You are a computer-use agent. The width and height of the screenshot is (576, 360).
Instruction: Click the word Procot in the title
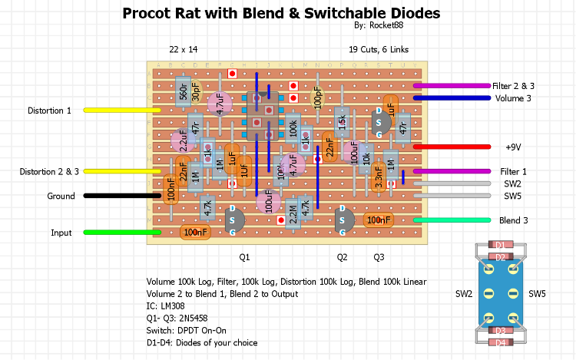[151, 14]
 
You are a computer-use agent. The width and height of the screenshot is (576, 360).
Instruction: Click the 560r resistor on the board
[183, 93]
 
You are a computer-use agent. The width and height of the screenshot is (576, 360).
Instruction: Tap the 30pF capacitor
[197, 93]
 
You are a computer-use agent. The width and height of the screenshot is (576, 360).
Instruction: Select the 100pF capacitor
[316, 97]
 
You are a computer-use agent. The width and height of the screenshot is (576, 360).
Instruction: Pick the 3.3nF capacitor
[379, 177]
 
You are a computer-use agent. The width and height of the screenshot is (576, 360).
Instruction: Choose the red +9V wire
[452, 147]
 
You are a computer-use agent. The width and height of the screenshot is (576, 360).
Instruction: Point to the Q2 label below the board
[342, 256]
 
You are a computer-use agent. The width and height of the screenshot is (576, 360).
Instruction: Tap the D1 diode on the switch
[500, 246]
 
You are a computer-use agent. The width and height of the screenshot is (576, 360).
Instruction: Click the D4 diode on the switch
[500, 342]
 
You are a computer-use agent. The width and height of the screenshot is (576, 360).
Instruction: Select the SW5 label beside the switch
[537, 294]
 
